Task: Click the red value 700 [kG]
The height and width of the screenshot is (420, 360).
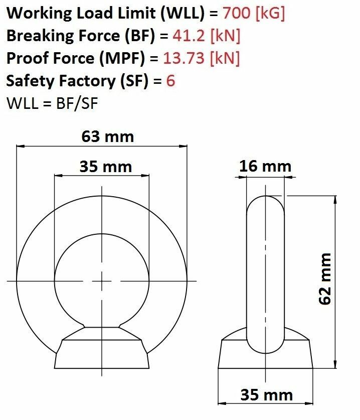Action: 254,13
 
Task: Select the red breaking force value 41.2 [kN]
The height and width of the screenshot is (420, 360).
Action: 206,35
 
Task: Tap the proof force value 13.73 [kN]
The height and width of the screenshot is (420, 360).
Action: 201,58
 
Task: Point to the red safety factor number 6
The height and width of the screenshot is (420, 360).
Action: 170,80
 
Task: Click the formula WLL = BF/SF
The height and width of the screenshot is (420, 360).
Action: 52,103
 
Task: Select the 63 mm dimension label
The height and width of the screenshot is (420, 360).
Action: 108,136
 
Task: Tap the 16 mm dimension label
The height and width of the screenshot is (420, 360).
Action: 265,166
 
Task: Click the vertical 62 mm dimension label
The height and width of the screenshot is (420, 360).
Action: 325,278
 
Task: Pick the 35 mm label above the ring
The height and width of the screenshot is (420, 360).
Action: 106,167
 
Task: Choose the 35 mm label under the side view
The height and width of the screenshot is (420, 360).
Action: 267,395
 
